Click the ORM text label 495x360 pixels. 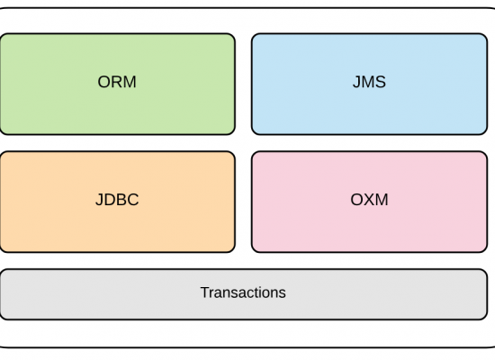tap(117, 82)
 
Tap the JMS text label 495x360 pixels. tap(369, 82)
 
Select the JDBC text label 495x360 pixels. tap(117, 200)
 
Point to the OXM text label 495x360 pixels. tap(369, 200)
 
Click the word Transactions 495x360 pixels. tap(243, 292)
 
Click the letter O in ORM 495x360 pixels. tap(103, 82)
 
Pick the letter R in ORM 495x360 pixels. tap(117, 82)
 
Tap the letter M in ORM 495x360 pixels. tap(130, 82)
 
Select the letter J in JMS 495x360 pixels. tap(356, 82)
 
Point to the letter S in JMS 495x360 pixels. tap(381, 82)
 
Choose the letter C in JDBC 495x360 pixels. tap(133, 200)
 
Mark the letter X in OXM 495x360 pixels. tap(369, 200)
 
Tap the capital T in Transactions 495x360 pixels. tap(205, 292)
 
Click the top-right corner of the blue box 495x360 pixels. tap(487, 33)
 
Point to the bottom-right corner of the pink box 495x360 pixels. tap(487, 252)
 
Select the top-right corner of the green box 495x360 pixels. tap(235, 33)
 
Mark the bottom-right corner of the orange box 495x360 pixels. tap(235, 252)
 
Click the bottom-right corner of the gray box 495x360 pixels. tap(487, 319)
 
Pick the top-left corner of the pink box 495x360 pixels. tap(252, 151)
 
